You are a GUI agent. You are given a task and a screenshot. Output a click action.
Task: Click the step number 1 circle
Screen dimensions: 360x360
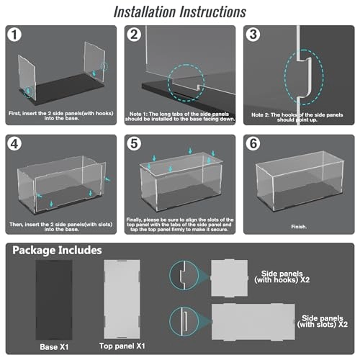(14, 35)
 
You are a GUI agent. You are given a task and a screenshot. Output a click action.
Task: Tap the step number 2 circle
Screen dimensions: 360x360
(134, 35)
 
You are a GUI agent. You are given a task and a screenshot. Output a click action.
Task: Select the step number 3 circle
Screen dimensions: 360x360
(253, 35)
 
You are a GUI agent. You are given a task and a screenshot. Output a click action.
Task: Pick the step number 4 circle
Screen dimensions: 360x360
(14, 144)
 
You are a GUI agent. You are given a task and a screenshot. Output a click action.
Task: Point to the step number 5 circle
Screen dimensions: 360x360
(134, 144)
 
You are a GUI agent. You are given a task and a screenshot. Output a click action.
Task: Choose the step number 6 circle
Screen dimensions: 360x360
(253, 144)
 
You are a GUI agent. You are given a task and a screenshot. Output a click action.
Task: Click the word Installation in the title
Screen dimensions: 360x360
(145, 12)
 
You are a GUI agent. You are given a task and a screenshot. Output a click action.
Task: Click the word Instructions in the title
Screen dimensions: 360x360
(213, 12)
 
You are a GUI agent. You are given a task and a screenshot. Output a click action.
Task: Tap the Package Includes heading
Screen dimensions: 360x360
(57, 251)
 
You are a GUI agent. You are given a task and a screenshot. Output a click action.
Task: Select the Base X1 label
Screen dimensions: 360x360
(54, 347)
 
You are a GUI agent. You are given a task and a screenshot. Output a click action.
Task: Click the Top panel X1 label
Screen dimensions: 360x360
(122, 346)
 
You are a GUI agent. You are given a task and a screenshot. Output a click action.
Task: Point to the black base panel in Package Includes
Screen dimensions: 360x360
(54, 300)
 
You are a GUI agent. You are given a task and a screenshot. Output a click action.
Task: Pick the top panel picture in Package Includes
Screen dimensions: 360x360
(122, 299)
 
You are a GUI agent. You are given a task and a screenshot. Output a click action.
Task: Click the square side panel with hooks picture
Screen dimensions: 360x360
(229, 278)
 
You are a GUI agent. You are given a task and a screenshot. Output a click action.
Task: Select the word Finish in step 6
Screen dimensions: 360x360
(299, 227)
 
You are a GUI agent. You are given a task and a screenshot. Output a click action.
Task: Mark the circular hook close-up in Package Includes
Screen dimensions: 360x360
(184, 276)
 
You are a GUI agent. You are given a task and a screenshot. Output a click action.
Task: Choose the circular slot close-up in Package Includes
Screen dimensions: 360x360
(184, 321)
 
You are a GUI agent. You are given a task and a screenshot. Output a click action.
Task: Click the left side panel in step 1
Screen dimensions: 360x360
(27, 77)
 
